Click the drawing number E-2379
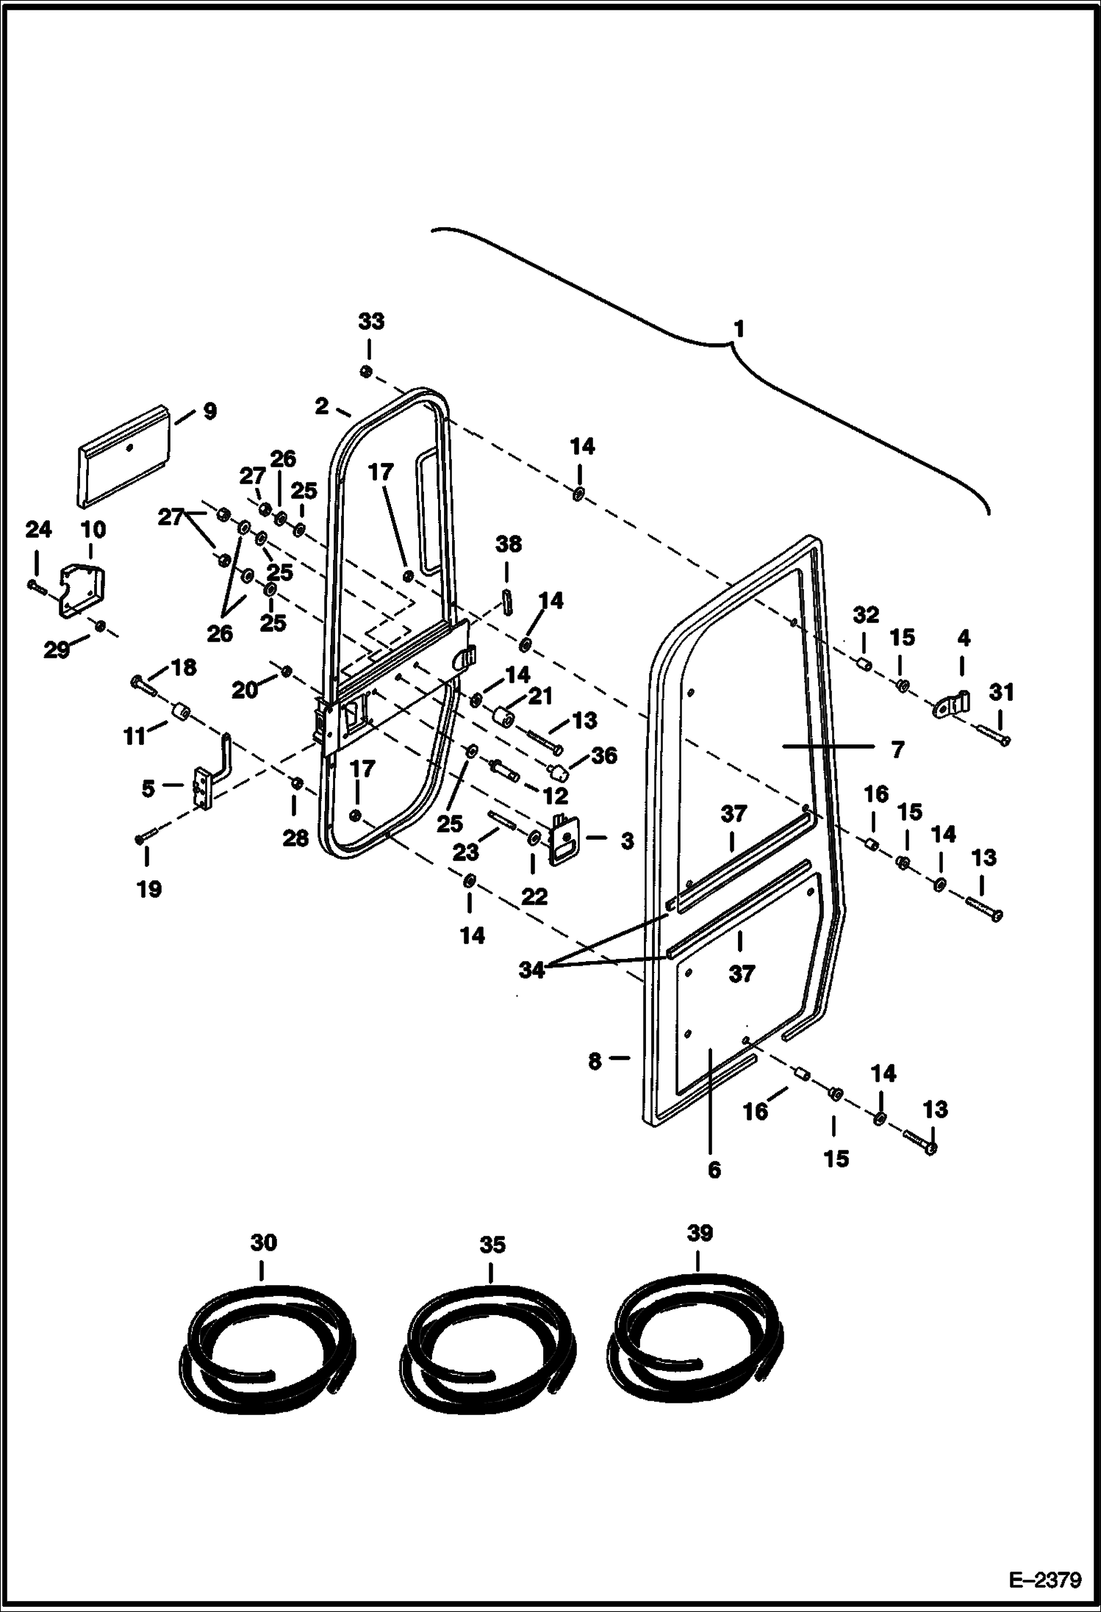(x=1044, y=1577)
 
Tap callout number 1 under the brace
(x=739, y=328)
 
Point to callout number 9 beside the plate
(x=209, y=411)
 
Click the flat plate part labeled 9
(x=123, y=456)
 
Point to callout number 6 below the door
(x=714, y=1170)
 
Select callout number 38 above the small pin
(x=508, y=544)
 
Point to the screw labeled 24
(x=35, y=586)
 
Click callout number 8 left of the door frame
(x=595, y=1060)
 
